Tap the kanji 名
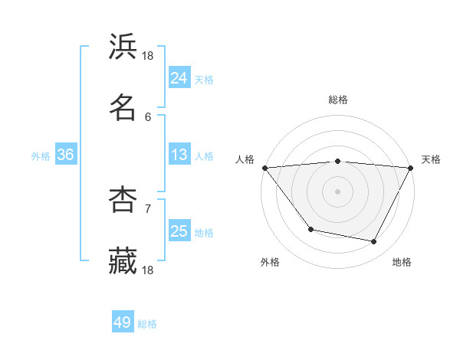(123, 108)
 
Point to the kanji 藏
(123, 260)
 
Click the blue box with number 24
(179, 77)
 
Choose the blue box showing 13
(179, 155)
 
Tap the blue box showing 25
(179, 232)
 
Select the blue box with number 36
(66, 155)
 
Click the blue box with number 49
(123, 323)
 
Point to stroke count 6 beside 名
(148, 116)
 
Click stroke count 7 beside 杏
(148, 208)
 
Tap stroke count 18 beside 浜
(148, 55)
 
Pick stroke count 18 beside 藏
(148, 270)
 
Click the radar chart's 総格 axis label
(338, 100)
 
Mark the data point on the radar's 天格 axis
(411, 168)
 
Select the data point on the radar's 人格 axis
(264, 168)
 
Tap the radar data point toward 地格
(374, 242)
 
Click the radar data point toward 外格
(310, 229)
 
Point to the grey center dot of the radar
(338, 191)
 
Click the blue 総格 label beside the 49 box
(148, 324)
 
